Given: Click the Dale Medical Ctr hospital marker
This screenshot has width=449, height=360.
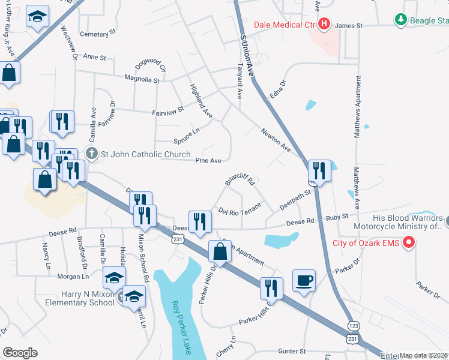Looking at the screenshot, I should (324, 24).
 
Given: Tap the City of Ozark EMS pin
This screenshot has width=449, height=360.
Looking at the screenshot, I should (410, 243).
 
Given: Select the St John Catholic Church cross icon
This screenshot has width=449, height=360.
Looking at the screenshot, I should (91, 154).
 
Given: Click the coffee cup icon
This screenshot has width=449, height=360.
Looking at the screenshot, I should (304, 280).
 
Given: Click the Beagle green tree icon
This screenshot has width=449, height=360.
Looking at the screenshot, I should (400, 20).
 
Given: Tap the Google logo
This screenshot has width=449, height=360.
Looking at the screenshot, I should (20, 353).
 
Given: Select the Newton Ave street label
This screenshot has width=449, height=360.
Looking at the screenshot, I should (276, 140).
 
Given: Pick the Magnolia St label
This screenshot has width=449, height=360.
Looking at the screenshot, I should (142, 79).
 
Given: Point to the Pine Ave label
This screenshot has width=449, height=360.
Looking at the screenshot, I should (208, 160).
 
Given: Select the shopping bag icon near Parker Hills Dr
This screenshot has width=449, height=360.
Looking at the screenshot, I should (220, 251).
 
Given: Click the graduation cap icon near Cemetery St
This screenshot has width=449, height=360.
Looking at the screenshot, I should (38, 17).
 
